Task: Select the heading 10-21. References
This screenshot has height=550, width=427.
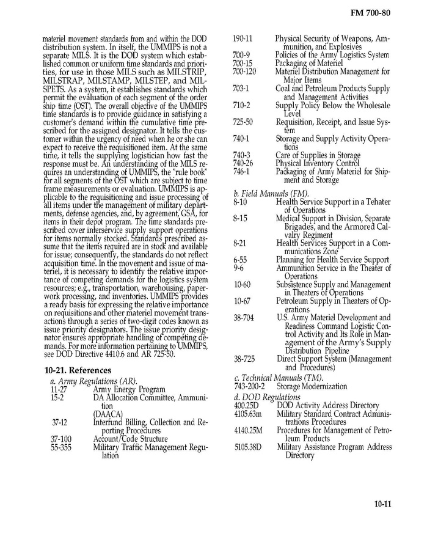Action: (78, 370)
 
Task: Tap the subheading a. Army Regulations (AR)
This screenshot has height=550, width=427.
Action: (85, 381)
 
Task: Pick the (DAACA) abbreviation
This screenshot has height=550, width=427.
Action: (108, 414)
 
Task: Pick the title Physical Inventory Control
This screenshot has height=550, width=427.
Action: (317, 163)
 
